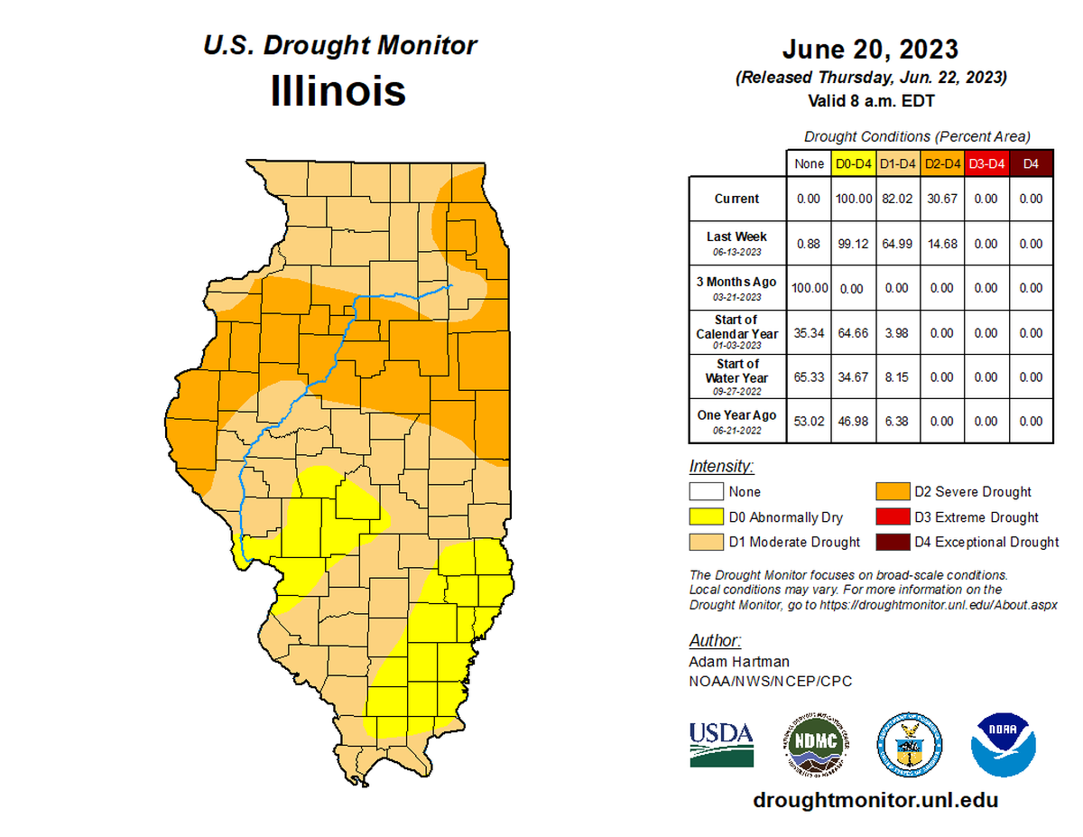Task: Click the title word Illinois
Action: tap(338, 92)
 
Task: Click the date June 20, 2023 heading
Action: tap(870, 49)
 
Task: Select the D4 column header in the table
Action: tap(1030, 163)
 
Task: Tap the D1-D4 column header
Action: tap(897, 163)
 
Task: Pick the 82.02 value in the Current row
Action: tap(897, 199)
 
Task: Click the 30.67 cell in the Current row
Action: tap(941, 199)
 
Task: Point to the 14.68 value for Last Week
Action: tap(941, 244)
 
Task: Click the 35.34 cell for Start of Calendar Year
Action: tap(809, 332)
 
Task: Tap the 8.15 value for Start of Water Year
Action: tap(897, 377)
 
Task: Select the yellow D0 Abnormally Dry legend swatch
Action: tap(707, 517)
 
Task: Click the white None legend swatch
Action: tap(707, 492)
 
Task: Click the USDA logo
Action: tap(721, 744)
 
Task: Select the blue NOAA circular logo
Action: tap(1003, 744)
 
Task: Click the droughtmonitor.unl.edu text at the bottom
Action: tap(875, 800)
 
